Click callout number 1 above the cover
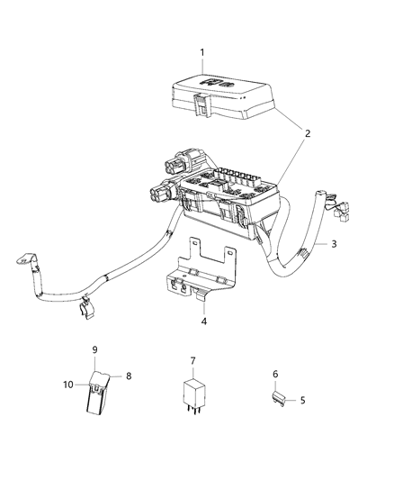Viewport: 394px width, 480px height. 202,52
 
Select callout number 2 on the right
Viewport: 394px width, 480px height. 307,133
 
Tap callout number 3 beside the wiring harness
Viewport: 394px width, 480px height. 334,244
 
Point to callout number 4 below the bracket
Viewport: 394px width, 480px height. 203,320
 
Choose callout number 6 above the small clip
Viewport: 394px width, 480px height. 276,373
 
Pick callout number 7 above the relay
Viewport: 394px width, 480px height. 192,360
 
